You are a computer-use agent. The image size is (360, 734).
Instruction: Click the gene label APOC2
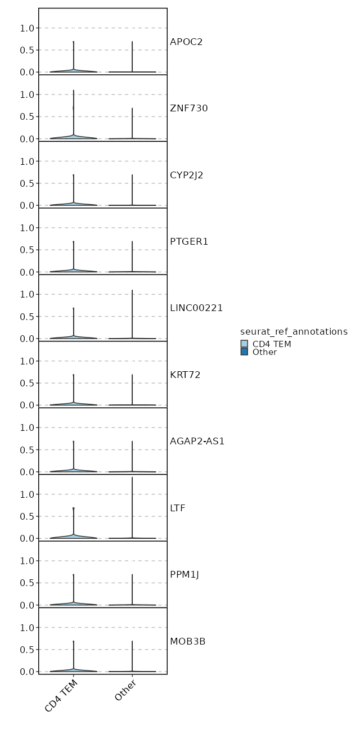click(186, 42)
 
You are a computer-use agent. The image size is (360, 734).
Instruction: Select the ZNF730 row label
click(189, 108)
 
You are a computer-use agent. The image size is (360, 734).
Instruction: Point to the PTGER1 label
click(189, 241)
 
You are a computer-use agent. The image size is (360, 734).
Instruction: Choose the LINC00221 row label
click(196, 308)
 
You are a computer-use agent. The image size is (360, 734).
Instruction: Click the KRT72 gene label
click(185, 375)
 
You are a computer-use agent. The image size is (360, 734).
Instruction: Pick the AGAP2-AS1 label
click(197, 441)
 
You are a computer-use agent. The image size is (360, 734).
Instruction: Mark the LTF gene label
click(178, 508)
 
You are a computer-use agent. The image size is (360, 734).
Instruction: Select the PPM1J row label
click(184, 574)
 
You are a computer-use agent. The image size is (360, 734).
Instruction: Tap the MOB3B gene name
click(187, 641)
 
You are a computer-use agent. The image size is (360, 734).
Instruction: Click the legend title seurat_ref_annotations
click(294, 332)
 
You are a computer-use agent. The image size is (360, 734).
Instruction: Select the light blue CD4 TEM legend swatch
click(244, 344)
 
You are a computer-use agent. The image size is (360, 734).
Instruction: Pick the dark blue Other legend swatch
click(244, 352)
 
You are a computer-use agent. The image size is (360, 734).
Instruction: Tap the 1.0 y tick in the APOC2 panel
click(28, 28)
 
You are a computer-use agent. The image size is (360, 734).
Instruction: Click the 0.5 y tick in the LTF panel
click(28, 516)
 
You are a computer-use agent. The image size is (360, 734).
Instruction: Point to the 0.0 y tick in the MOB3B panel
click(28, 672)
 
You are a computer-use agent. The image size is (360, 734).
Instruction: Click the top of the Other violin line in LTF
click(132, 478)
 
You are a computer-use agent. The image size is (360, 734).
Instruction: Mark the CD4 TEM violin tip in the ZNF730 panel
click(73, 91)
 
